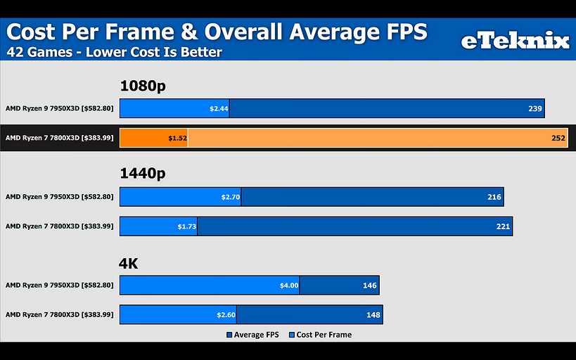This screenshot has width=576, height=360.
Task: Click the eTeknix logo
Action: [515, 41]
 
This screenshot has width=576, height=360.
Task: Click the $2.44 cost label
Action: [219, 109]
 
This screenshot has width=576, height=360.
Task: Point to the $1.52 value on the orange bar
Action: [177, 139]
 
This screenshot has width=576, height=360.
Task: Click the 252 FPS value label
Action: [558, 139]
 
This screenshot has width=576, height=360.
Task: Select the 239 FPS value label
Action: [535, 109]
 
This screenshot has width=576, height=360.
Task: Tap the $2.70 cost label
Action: [231, 198]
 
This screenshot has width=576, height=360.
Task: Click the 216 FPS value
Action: [494, 198]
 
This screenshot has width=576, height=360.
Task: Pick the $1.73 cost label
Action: [187, 226]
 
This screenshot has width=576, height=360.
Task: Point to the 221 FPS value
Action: [503, 226]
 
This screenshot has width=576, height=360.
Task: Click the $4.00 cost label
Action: [289, 285]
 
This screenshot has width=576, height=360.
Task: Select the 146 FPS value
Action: [370, 285]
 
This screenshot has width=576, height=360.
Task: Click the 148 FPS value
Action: [373, 315]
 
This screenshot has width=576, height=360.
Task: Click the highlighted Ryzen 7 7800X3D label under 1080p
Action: [59, 139]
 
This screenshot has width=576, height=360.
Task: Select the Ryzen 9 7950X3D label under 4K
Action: [59, 285]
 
